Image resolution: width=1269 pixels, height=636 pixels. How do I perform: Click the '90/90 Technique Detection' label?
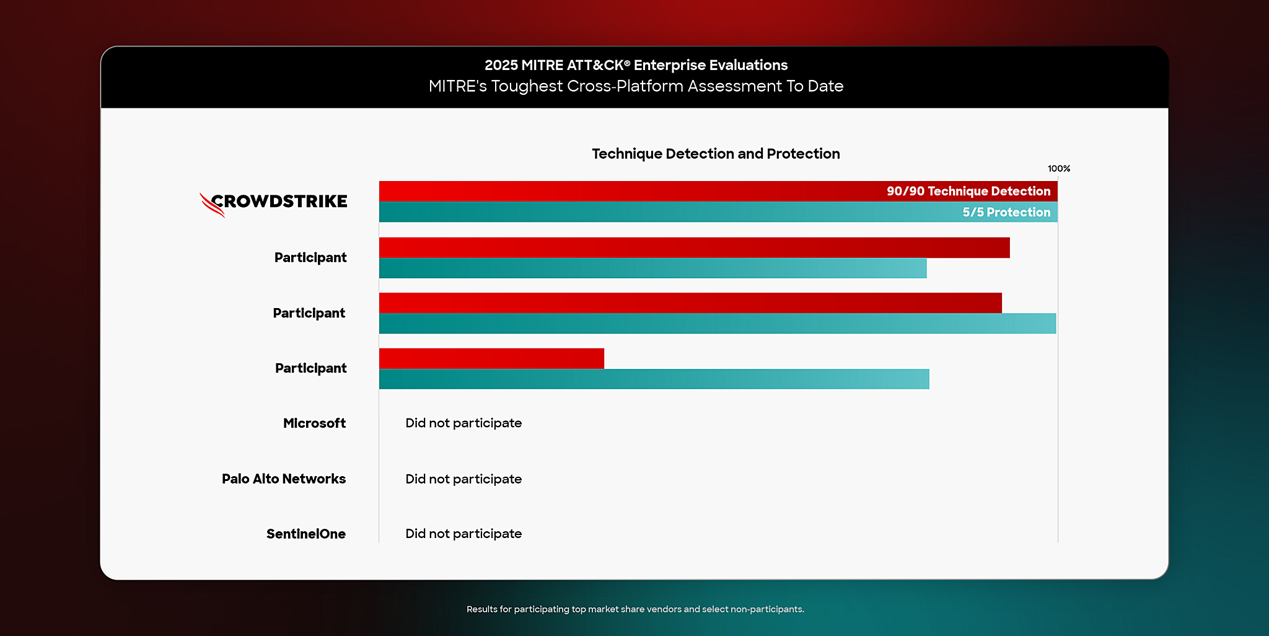click(968, 191)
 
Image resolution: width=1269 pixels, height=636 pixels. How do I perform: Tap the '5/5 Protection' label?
click(1006, 212)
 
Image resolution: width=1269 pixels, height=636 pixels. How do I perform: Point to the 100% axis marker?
click(1058, 169)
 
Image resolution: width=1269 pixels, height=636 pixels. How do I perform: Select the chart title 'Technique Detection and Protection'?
click(716, 154)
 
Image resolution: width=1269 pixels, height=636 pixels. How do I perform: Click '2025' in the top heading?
click(501, 65)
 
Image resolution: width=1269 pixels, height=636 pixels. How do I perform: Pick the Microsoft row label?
click(314, 423)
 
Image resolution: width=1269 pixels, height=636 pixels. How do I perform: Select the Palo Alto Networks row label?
click(284, 479)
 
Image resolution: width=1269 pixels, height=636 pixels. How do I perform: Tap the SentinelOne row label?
click(306, 534)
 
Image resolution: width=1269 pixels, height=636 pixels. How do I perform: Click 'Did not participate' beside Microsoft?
click(463, 423)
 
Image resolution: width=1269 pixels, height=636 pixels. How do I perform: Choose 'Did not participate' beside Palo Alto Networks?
click(463, 479)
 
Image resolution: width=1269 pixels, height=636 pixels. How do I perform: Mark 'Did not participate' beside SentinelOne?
click(463, 534)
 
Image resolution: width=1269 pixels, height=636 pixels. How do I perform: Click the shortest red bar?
click(491, 358)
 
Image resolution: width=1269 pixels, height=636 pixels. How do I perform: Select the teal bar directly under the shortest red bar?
click(654, 379)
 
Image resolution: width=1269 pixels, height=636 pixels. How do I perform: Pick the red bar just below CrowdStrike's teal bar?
click(694, 247)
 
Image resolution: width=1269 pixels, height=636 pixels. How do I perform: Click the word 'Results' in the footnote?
click(481, 609)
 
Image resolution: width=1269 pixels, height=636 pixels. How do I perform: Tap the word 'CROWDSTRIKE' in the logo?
click(279, 201)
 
